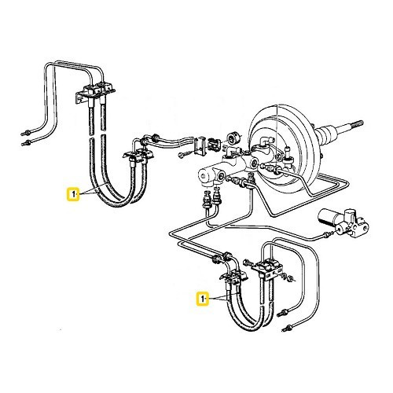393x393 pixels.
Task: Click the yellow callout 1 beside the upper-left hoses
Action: pos(73,194)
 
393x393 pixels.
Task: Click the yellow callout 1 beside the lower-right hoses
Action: pos(203,299)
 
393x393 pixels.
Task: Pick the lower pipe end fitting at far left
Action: pos(26,143)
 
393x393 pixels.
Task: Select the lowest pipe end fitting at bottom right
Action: pos(288,328)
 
